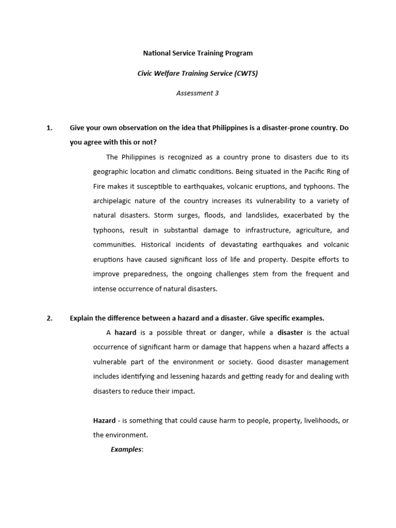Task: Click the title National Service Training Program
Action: [x=197, y=53]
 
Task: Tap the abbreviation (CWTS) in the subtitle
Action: [x=245, y=73]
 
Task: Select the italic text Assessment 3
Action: [x=197, y=93]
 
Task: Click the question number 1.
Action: [x=49, y=128]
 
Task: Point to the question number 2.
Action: [x=49, y=318]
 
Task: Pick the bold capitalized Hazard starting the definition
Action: [x=104, y=421]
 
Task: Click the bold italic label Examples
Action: [x=126, y=450]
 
